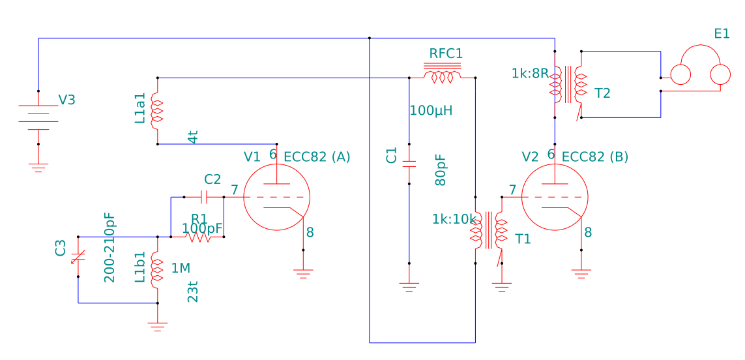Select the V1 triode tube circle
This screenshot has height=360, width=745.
(276, 198)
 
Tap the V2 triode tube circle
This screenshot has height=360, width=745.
(555, 198)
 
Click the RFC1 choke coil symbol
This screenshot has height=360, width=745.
(443, 76)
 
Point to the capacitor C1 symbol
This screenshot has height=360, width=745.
(409, 164)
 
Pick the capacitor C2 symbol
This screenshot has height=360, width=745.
(204, 196)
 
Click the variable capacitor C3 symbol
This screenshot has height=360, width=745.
(78, 257)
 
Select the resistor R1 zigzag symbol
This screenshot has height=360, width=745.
(197, 237)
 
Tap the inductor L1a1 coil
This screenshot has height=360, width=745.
(157, 111)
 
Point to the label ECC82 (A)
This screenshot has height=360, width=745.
(317, 157)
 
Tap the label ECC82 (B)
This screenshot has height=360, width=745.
(594, 157)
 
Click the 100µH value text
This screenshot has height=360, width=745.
(431, 110)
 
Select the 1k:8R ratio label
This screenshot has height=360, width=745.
(530, 73)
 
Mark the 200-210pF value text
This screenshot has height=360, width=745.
(109, 247)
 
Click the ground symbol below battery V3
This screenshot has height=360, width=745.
(38, 168)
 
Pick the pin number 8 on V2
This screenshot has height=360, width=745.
(588, 232)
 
